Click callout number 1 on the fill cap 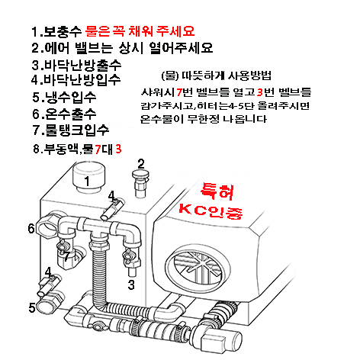click(87, 182)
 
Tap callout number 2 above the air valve click(141, 164)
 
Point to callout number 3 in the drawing click(131, 284)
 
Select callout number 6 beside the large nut click(31, 228)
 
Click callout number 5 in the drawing click(32, 307)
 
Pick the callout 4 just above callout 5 click(48, 272)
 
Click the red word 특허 click(217, 191)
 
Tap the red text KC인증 click(211, 211)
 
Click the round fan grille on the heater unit click(198, 266)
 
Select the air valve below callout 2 click(140, 184)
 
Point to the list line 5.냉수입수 click(64, 97)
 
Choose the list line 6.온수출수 click(64, 114)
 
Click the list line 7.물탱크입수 click(71, 130)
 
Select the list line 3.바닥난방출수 click(76, 65)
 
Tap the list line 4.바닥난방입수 click(76, 79)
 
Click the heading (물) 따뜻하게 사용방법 click(217, 76)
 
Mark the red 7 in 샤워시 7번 click(179, 92)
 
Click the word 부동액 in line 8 click(61, 149)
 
